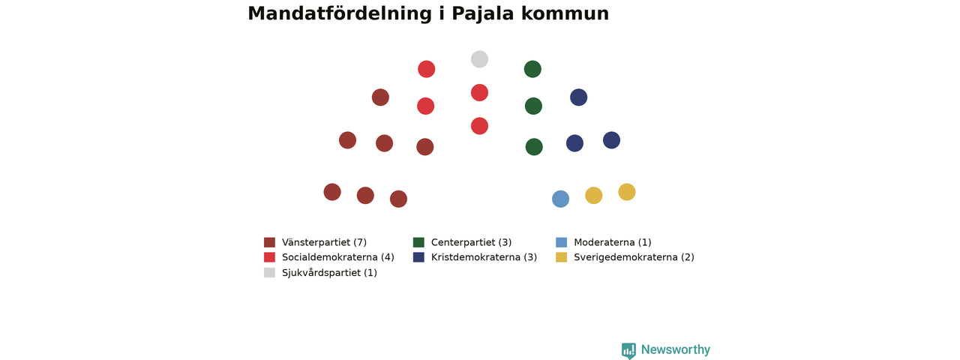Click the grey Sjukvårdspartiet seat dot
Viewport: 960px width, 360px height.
click(479, 59)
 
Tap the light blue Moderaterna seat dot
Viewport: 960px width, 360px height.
click(560, 199)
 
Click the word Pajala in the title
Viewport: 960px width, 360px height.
click(482, 13)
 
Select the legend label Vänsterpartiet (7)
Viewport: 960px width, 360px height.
click(325, 242)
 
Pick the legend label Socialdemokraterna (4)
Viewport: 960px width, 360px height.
click(338, 257)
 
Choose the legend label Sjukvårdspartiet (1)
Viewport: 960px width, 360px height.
click(329, 272)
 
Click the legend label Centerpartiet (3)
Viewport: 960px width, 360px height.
click(472, 242)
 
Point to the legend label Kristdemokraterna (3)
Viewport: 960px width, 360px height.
click(484, 257)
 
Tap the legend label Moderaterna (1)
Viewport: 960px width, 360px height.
click(613, 242)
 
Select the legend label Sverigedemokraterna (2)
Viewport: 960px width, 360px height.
click(634, 257)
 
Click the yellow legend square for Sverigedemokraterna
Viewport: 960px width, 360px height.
click(562, 257)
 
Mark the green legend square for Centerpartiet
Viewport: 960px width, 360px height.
click(418, 242)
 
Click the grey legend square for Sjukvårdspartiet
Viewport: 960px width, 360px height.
click(269, 272)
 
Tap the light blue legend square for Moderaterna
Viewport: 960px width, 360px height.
click(562, 242)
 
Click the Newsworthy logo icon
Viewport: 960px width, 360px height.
click(628, 350)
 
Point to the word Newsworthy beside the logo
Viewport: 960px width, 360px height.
click(676, 349)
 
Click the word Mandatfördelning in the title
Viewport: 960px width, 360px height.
click(340, 13)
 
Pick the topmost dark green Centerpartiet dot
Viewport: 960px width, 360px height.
click(532, 69)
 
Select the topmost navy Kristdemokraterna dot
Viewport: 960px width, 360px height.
click(578, 97)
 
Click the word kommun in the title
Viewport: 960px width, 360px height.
click(565, 13)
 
